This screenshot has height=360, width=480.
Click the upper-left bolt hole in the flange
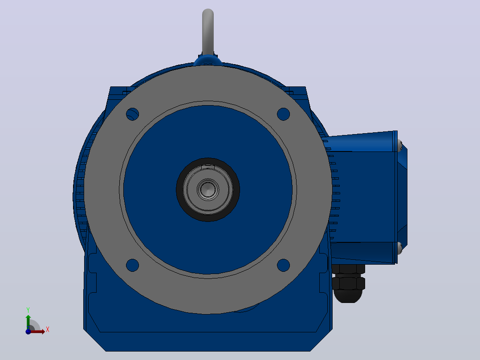click(133, 114)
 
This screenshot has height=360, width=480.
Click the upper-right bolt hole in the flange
click(284, 114)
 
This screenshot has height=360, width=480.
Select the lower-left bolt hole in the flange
click(133, 266)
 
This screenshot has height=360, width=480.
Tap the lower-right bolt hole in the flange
click(284, 266)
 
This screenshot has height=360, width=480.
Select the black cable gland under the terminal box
click(348, 283)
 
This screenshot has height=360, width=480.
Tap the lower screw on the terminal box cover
click(400, 248)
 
